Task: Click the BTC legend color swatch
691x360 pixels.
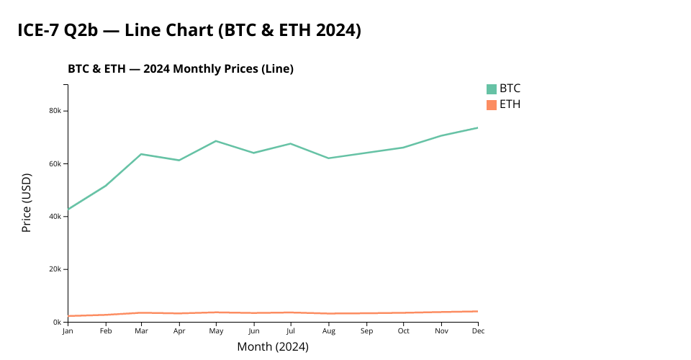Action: (x=492, y=89)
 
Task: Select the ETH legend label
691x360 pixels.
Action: (x=510, y=104)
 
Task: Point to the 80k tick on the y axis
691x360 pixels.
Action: (x=58, y=111)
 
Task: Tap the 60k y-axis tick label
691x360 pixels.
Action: (x=58, y=163)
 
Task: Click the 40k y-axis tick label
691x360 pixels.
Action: (x=58, y=217)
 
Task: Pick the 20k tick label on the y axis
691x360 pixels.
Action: (x=58, y=269)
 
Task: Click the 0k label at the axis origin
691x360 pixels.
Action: (x=59, y=322)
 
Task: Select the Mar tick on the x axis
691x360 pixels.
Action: (x=142, y=331)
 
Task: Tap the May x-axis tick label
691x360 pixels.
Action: (x=216, y=331)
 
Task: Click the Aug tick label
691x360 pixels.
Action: (x=328, y=331)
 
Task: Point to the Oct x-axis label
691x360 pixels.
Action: (x=403, y=331)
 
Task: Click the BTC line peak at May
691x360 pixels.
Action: (x=216, y=141)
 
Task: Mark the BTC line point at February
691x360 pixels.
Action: (x=105, y=186)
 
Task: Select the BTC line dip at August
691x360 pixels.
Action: (x=328, y=158)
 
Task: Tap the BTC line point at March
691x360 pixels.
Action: (x=142, y=154)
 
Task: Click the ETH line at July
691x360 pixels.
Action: (x=291, y=312)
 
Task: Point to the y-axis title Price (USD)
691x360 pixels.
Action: (x=27, y=202)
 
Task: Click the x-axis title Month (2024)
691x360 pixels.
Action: (x=273, y=347)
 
